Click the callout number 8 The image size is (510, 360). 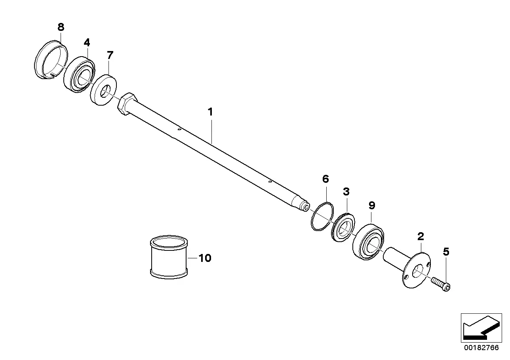[60, 27]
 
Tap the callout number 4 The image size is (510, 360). [87, 42]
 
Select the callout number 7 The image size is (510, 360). [110, 55]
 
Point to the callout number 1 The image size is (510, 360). [211, 112]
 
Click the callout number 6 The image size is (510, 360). [325, 179]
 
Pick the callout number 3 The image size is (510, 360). [346, 192]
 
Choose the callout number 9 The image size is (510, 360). [371, 205]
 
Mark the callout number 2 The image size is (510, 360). [421, 237]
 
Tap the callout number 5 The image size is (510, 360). [446, 251]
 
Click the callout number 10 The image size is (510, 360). [205, 258]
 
